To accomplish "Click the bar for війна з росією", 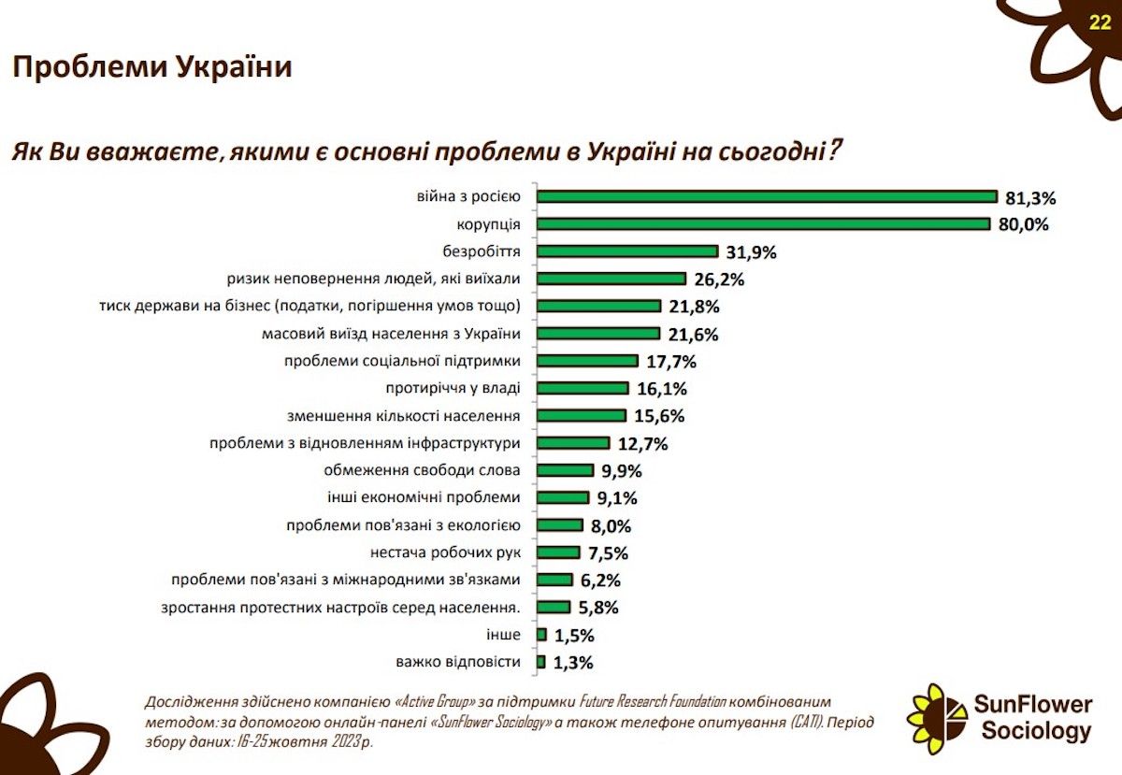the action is tap(767, 196).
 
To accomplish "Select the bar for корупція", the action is tap(763, 224).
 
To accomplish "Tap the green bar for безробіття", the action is tap(627, 251).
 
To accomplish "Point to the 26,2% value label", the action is tap(719, 280).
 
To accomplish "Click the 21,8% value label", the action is tap(694, 307).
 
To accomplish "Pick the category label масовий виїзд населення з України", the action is tap(391, 334).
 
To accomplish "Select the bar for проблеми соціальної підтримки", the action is tap(587, 361).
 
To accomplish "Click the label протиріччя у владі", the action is tap(453, 388).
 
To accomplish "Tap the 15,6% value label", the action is tap(659, 416).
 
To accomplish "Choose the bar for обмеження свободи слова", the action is tap(565, 470).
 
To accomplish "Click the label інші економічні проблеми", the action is tap(424, 497).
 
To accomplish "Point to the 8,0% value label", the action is tap(611, 526).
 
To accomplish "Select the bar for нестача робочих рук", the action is tap(558, 553).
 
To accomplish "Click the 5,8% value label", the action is tap(598, 608).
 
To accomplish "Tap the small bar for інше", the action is tap(541, 634).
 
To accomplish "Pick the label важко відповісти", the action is tap(458, 662).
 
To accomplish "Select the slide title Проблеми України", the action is tap(152, 67).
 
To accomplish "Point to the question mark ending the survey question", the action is tap(833, 150).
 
